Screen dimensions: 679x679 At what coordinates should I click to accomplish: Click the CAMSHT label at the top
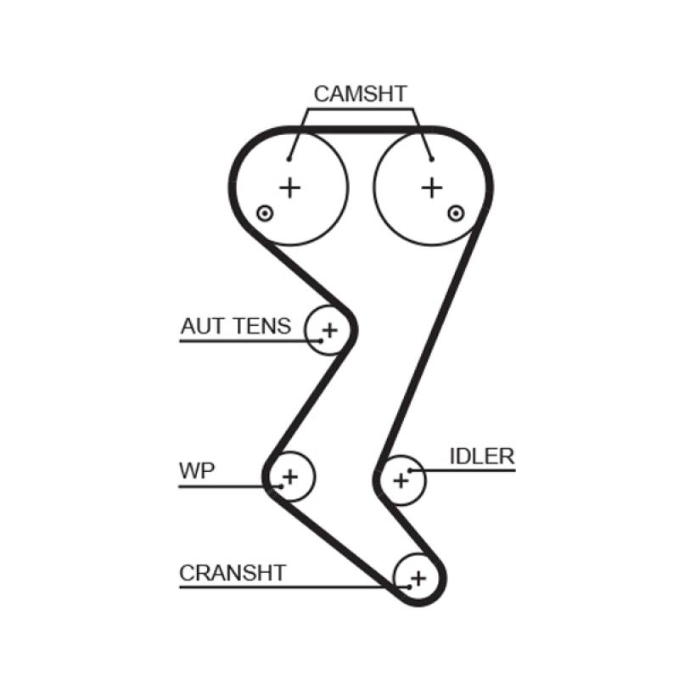tap(361, 93)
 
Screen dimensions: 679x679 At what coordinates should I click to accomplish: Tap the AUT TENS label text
tap(235, 326)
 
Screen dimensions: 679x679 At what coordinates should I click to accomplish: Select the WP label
tap(197, 470)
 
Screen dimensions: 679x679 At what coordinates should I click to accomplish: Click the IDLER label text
tap(481, 457)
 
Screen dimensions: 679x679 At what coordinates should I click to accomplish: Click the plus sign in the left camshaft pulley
tap(290, 187)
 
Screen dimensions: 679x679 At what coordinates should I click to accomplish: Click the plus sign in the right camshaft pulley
tap(432, 187)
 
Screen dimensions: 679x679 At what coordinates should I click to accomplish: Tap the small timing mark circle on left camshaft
tap(265, 212)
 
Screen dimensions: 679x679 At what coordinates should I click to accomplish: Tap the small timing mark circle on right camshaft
tap(457, 212)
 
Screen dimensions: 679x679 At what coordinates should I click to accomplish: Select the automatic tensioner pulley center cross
tap(329, 330)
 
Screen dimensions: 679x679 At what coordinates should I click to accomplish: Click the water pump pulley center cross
tap(290, 477)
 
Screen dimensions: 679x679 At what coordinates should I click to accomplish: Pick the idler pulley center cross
tap(401, 480)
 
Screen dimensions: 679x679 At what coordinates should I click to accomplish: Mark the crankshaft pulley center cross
tap(417, 578)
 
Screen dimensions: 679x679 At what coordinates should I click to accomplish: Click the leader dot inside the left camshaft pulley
tap(289, 159)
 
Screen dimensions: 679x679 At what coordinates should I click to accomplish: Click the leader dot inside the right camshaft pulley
tap(431, 159)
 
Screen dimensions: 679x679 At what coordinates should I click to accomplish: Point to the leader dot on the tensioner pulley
tap(321, 340)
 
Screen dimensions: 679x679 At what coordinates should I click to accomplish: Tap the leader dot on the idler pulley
tap(409, 469)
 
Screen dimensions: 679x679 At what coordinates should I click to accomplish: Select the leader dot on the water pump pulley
tap(280, 486)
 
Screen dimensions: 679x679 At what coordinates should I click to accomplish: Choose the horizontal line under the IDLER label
tap(475, 470)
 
